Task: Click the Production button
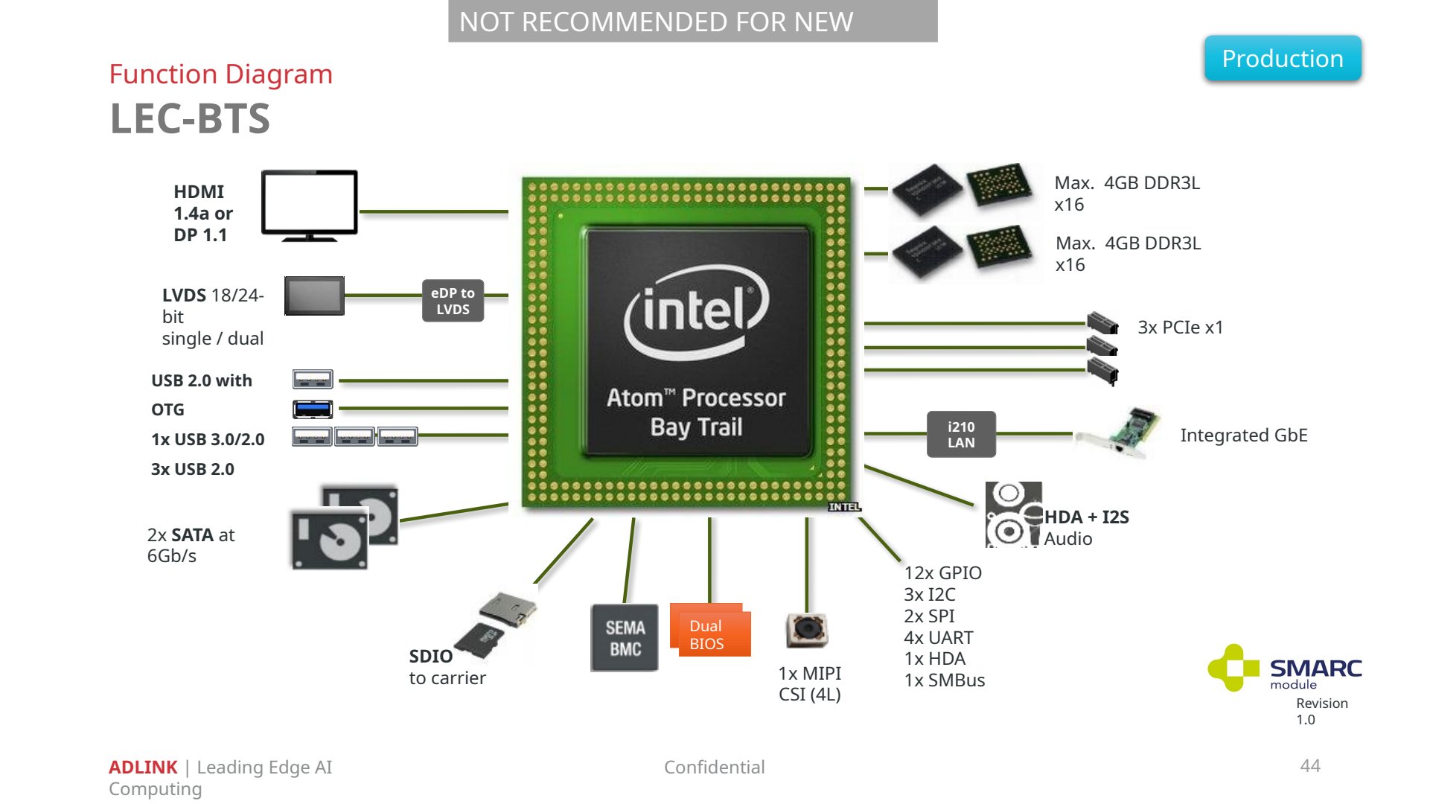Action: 1283,58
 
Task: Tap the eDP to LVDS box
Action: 453,301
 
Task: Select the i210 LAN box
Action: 961,435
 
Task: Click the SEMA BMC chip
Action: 625,638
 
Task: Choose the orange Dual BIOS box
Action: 710,630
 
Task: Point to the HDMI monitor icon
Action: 310,205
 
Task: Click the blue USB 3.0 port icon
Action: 313,409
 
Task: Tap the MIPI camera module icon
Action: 807,630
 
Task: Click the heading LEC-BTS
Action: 190,118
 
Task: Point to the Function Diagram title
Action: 221,74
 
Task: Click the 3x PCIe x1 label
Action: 1181,328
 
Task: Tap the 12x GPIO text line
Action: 943,572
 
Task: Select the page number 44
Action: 1310,766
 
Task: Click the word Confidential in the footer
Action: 715,767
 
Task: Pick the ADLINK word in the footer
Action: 143,767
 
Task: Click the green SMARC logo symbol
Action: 1233,668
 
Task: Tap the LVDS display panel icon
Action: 314,296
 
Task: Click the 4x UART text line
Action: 939,637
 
